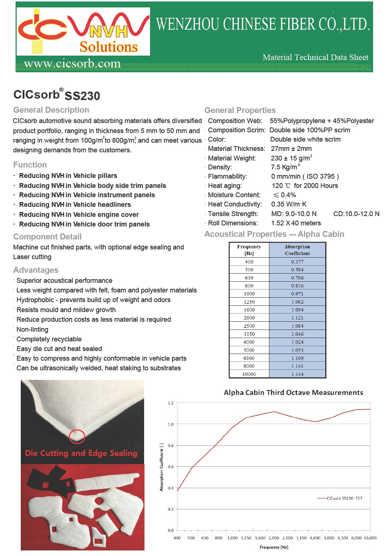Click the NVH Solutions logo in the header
point(83,32)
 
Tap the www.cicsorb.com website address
point(72,64)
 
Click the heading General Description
point(51,110)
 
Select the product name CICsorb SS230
point(57,95)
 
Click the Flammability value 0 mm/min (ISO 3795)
point(305,176)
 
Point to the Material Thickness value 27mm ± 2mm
point(291,149)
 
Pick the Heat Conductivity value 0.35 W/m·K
point(289,204)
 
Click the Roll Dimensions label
point(233,223)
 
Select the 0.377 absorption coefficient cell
point(297,262)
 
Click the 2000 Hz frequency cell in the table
point(249,318)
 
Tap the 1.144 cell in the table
point(297,374)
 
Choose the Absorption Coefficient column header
point(297,250)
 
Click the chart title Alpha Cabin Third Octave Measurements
point(293,393)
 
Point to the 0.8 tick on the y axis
point(170,446)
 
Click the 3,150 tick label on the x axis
point(301,538)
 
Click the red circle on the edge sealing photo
point(77,436)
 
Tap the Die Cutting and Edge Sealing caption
point(81,453)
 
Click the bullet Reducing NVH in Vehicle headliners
point(75,205)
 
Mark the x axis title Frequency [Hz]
point(274,547)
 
